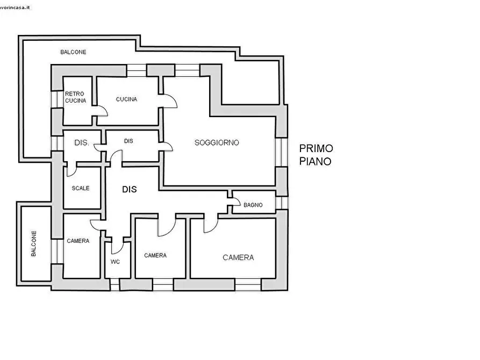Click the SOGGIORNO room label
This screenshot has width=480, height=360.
click(217, 142)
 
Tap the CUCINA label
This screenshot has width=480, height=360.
click(126, 99)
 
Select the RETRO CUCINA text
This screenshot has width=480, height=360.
click(75, 97)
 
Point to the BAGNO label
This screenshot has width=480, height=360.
click(253, 205)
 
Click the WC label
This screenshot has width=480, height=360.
click(115, 262)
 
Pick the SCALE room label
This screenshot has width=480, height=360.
click(81, 188)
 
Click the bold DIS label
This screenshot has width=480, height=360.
click(129, 190)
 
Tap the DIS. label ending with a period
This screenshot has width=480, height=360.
click(82, 142)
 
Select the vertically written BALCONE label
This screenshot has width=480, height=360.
click(34, 244)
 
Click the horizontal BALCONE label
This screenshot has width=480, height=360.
click(73, 52)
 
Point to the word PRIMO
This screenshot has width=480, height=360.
click(316, 148)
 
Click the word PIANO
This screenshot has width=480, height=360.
click(315, 161)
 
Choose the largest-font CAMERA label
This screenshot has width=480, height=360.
click(238, 258)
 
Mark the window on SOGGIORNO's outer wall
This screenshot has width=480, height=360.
click(281, 152)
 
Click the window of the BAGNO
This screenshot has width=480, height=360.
click(281, 203)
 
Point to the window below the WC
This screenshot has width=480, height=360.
click(115, 284)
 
